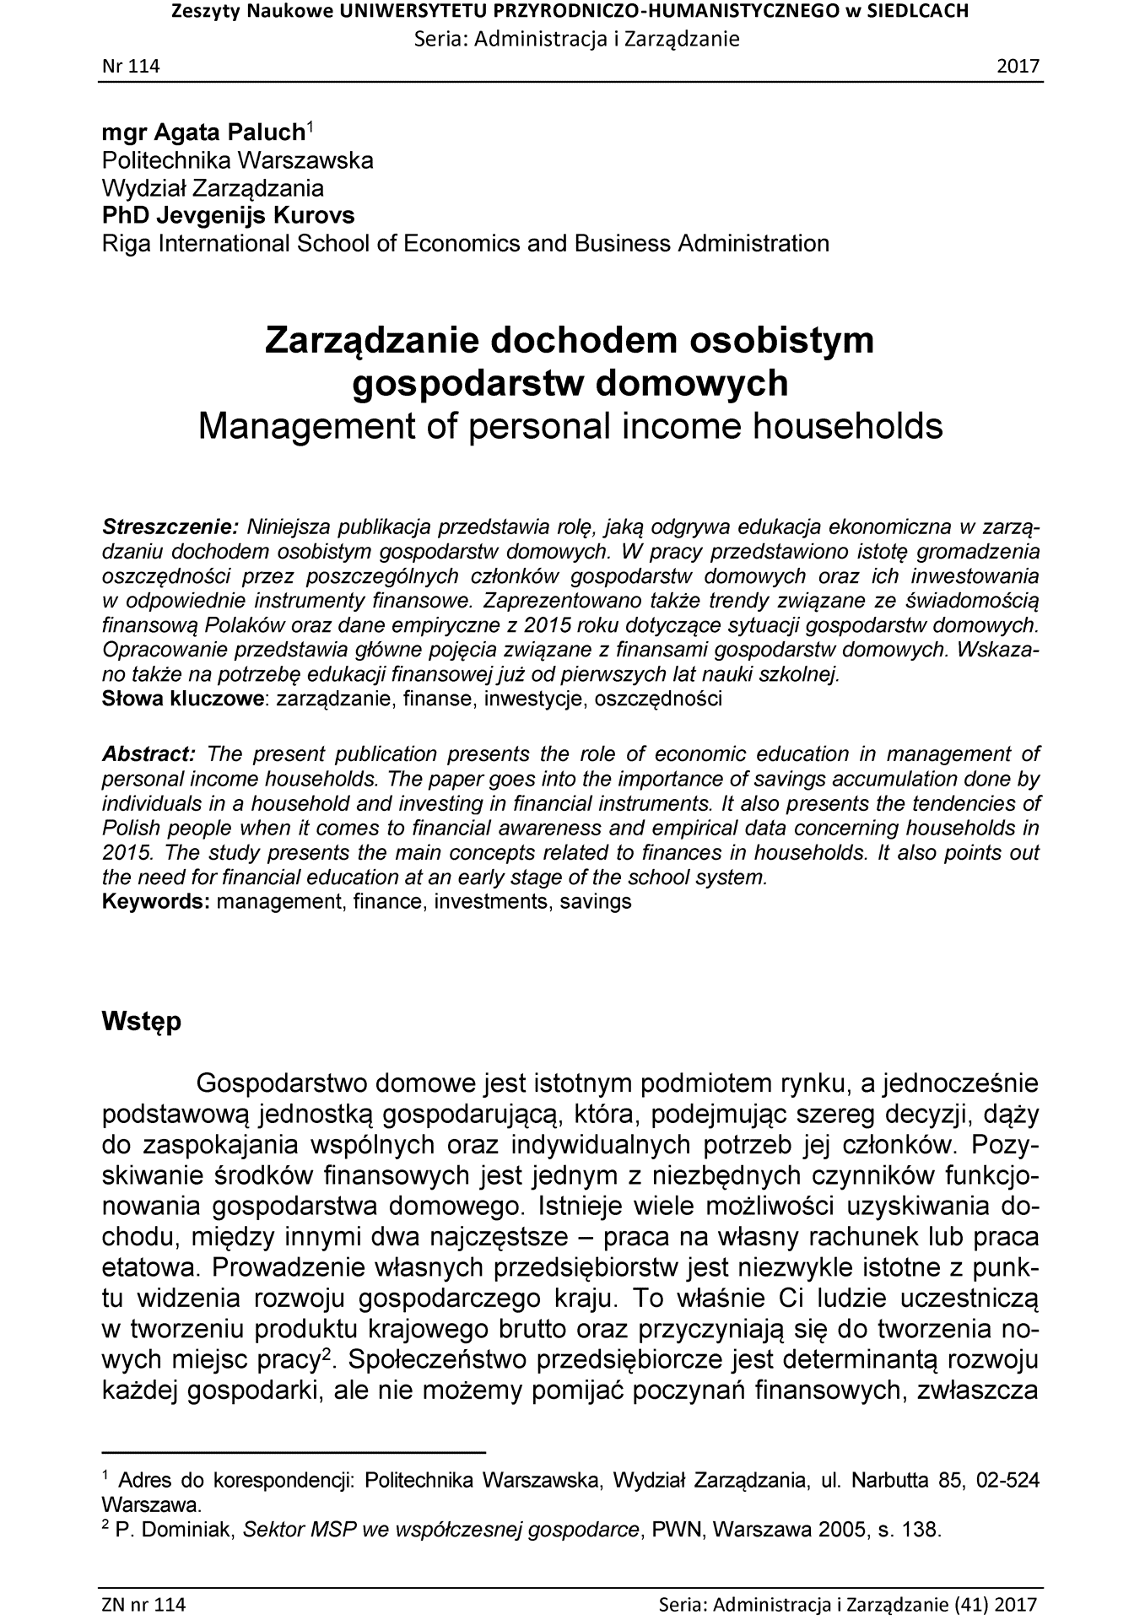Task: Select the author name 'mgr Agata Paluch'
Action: click(203, 132)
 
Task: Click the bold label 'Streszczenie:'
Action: click(170, 527)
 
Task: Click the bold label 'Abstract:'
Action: click(149, 753)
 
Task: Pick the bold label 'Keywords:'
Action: click(156, 901)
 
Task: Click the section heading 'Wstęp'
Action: click(141, 1021)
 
